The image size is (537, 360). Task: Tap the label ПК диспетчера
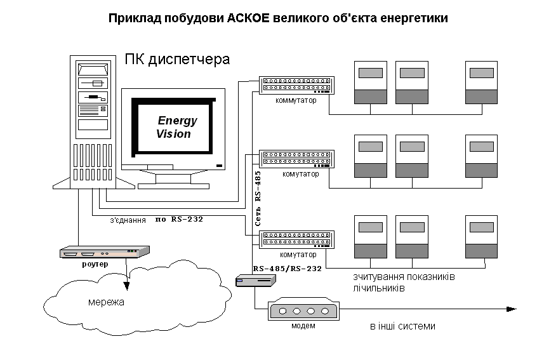pyautogui.click(x=176, y=60)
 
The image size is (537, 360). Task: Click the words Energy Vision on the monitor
pyautogui.click(x=175, y=127)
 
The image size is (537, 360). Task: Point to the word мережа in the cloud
pyautogui.click(x=106, y=302)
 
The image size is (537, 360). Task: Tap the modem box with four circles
pyautogui.click(x=303, y=311)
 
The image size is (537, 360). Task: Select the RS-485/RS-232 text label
pyautogui.click(x=287, y=269)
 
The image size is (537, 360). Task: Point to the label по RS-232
pyautogui.click(x=178, y=220)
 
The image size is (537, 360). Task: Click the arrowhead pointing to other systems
pyautogui.click(x=511, y=309)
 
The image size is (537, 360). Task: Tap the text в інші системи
pyautogui.click(x=402, y=326)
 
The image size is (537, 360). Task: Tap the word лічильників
pyautogui.click(x=380, y=288)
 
